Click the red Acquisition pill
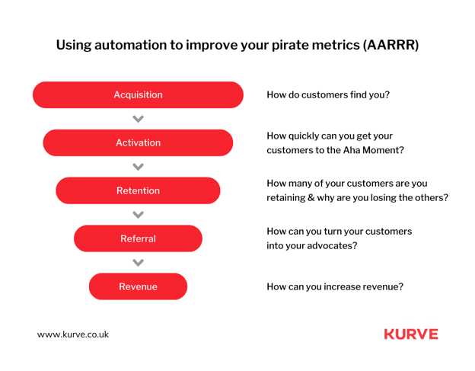[138, 95]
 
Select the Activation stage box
[138, 142]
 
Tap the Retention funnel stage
[138, 190]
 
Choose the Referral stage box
[138, 238]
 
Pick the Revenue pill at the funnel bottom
[138, 286]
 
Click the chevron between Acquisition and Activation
[138, 119]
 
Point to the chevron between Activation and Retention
[138, 167]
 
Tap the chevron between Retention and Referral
[138, 215]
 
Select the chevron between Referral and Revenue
[138, 263]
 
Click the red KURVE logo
[411, 334]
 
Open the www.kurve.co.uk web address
[73, 334]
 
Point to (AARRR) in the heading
[391, 45]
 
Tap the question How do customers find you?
[328, 95]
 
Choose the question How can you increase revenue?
[335, 286]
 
